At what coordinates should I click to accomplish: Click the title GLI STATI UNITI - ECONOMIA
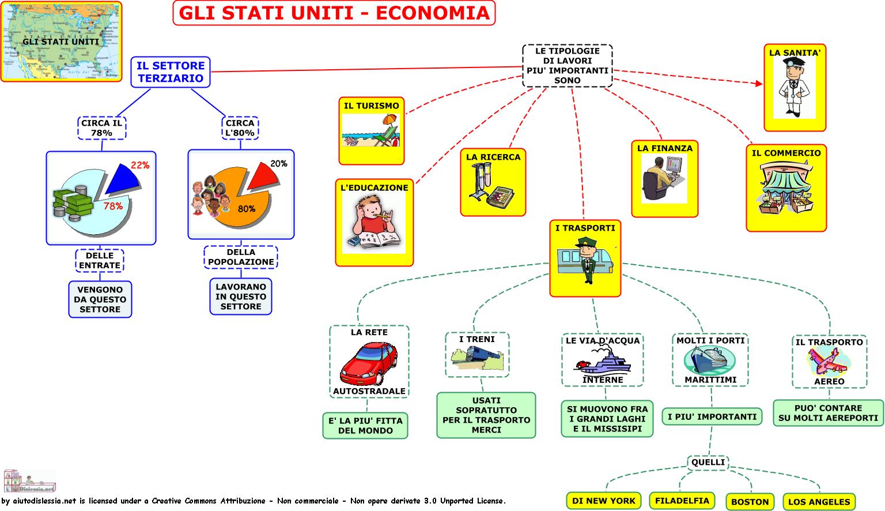[x=334, y=13]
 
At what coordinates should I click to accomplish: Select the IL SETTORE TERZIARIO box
[x=171, y=72]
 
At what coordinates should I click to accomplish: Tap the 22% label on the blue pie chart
[x=140, y=165]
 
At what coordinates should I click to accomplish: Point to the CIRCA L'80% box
[x=240, y=128]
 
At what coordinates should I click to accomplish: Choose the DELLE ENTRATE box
[x=100, y=261]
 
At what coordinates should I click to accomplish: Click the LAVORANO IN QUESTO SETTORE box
[x=241, y=296]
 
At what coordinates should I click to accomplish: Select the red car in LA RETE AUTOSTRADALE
[x=369, y=363]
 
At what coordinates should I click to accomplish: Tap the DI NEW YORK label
[x=604, y=501]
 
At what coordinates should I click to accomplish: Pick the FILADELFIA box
[x=682, y=501]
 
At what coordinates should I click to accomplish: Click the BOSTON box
[x=750, y=502]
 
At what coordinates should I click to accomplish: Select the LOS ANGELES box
[x=819, y=502]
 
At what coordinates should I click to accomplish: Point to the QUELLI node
[x=708, y=462]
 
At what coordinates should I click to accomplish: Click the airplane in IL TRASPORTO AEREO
[x=829, y=362]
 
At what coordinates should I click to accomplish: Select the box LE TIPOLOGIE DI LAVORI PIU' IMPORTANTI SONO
[x=568, y=66]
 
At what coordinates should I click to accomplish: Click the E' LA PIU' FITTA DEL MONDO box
[x=365, y=426]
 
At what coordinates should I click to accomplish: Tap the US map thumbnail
[x=61, y=42]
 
